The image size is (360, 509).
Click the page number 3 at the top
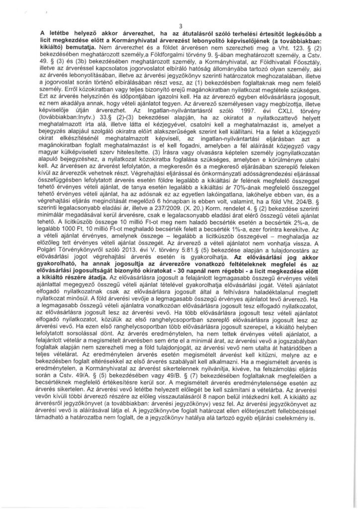180,26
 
